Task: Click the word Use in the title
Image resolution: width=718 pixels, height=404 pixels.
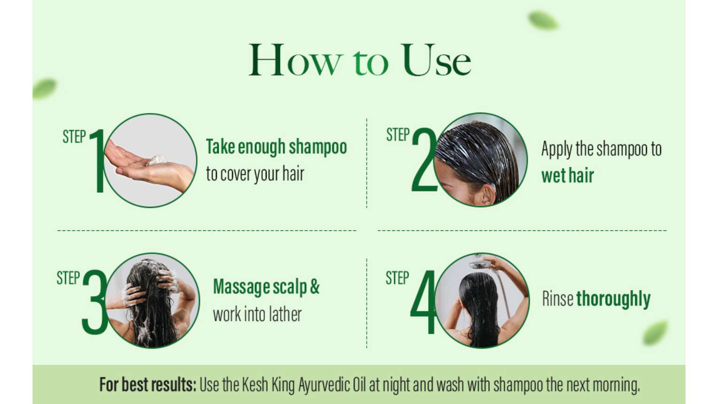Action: pos(436,60)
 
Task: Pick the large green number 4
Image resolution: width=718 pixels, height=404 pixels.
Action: pos(423,302)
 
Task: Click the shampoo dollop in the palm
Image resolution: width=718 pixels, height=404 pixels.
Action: pos(157,160)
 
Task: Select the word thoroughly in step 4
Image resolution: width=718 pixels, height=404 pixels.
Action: pos(613,299)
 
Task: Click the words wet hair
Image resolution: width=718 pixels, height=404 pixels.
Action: pos(567,175)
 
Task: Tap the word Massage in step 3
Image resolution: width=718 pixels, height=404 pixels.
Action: pos(241,287)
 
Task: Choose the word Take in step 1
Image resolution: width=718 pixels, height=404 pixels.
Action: pos(221,147)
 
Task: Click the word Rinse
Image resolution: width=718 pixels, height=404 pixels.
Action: pos(557,299)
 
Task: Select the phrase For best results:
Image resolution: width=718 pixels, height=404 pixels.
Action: pos(147,384)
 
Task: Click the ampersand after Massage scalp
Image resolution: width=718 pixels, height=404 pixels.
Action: pos(315,287)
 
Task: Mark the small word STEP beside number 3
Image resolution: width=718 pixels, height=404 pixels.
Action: pos(68,278)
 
